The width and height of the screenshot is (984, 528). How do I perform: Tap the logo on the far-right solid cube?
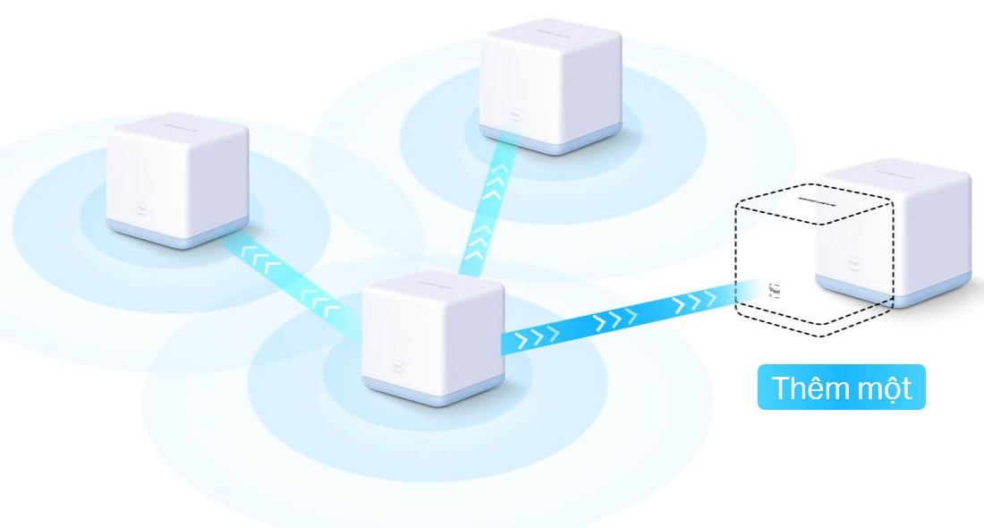tap(853, 266)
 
